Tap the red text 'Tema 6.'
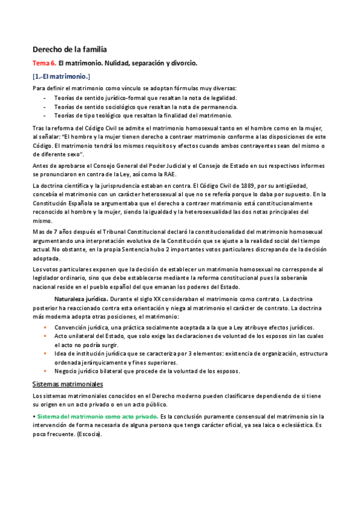point(44,63)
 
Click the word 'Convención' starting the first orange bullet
point(71,327)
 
